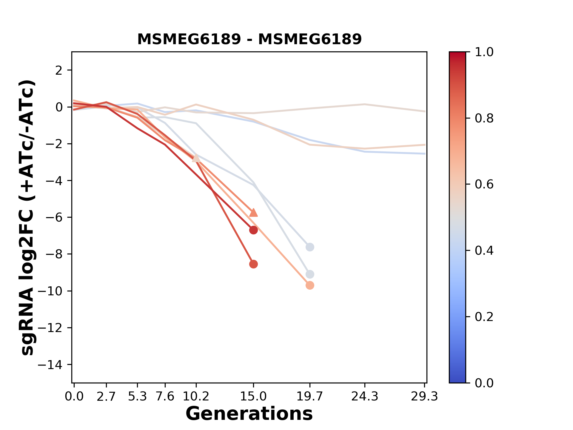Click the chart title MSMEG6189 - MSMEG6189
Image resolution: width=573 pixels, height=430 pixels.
(x=249, y=39)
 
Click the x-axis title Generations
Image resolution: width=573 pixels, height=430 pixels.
(x=249, y=414)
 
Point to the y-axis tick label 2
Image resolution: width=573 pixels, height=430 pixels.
(x=59, y=70)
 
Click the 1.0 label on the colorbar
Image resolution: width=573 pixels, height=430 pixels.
(x=484, y=52)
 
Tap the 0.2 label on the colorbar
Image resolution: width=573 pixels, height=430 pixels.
(x=484, y=317)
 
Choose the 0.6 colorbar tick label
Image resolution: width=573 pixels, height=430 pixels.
(x=484, y=184)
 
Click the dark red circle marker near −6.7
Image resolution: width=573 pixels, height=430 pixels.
(x=253, y=230)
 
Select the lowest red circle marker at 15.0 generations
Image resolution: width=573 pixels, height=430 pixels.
(x=253, y=264)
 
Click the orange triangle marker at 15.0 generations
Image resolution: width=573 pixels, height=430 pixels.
(x=253, y=213)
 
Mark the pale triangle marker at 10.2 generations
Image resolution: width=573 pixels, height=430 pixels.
(x=196, y=158)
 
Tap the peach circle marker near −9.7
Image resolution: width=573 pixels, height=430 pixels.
(x=310, y=285)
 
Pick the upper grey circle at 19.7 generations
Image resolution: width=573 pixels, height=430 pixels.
(x=310, y=247)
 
